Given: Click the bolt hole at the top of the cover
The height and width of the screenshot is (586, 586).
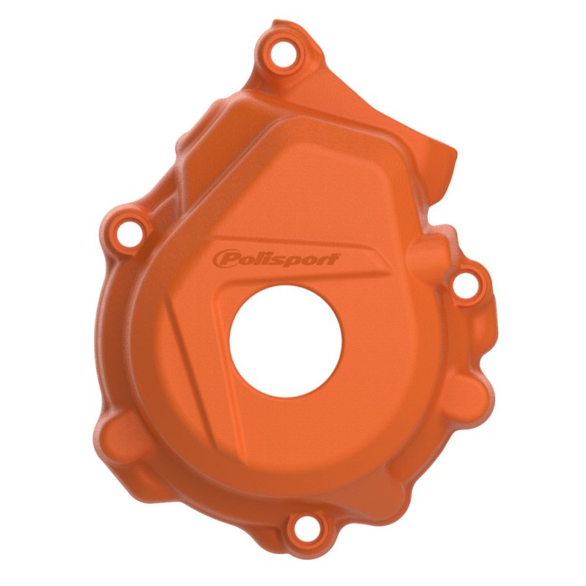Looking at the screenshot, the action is (x=283, y=54).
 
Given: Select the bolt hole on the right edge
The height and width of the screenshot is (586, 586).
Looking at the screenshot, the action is (x=465, y=286).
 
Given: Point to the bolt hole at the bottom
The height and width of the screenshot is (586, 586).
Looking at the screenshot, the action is (x=306, y=528).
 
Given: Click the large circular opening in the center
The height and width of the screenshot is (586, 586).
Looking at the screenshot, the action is (x=286, y=341).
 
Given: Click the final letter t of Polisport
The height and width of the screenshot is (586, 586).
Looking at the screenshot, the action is (x=334, y=259).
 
